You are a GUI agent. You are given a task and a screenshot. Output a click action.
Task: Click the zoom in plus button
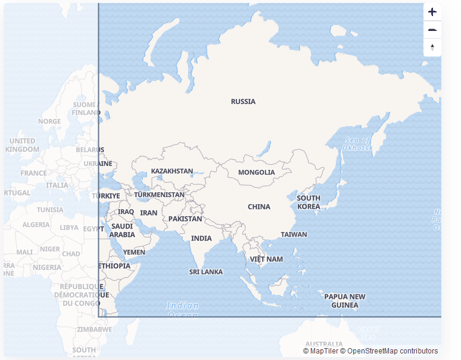(432, 12)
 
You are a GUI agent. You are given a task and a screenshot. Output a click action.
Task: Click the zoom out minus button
(432, 30)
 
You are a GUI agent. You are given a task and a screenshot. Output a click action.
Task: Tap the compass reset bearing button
(432, 48)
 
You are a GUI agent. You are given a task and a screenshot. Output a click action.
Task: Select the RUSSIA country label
(243, 102)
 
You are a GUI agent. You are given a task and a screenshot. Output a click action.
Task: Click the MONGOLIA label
(257, 173)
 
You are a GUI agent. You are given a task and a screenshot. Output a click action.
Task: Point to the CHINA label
(259, 207)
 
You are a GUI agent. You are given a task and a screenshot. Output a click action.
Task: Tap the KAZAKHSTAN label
(172, 171)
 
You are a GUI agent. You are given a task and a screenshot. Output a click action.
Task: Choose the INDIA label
(201, 239)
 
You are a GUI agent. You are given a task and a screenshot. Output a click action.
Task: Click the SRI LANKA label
(206, 272)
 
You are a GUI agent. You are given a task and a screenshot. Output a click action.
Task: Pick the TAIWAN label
(294, 234)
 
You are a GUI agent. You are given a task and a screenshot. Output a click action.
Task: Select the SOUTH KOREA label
(309, 202)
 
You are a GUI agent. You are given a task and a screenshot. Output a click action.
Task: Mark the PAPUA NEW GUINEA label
(345, 301)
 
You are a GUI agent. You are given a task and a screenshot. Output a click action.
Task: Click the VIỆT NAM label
(266, 259)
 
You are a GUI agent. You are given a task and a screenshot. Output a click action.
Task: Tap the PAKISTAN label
(185, 219)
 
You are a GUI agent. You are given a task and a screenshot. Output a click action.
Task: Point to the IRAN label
(149, 213)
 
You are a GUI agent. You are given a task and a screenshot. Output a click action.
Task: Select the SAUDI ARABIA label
(122, 230)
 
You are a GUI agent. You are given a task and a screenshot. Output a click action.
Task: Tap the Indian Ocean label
(182, 309)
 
